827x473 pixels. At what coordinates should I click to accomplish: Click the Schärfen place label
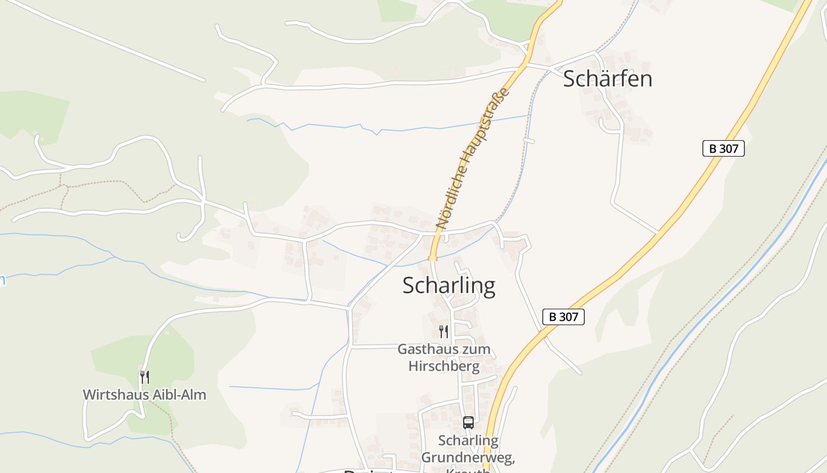coord(607,79)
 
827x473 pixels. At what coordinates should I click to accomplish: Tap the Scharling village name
coord(449,286)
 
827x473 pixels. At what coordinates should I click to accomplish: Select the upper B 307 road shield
coord(723,148)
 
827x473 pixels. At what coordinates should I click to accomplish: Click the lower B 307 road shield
coord(563,317)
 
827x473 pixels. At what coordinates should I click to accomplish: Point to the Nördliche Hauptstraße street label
coord(473,158)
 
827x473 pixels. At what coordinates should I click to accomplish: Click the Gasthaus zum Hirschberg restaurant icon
coord(444,331)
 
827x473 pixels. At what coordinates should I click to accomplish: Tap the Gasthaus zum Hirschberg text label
coord(444,357)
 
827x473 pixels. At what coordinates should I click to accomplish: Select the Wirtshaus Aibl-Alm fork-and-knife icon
coord(145,377)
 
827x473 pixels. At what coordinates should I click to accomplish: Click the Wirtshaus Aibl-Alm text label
coord(145,394)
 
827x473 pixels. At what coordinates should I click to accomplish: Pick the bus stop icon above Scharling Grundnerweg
coord(468,422)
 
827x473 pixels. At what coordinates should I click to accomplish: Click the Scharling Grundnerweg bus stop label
coord(468,449)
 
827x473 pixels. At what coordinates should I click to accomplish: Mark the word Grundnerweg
coord(468,458)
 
